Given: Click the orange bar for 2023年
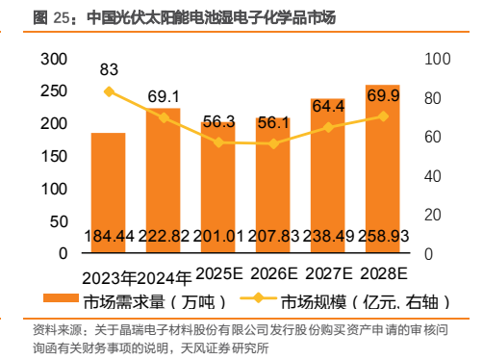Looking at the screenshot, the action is point(109,193).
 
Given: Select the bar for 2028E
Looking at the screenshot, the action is point(383,168).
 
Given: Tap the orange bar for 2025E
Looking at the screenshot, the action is point(218,188).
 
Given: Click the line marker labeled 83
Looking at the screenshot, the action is point(110,91).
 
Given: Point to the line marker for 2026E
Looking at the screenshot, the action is point(273,143).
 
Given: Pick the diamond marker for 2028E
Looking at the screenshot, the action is point(383,116).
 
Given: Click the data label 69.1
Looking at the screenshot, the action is point(164,96).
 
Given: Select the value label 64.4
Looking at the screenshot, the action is point(328,106).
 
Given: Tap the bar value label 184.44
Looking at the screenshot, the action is point(109,236).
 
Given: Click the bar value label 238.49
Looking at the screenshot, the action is point(328,236).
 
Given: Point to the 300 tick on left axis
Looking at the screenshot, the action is point(54,59).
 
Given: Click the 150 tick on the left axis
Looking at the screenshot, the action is point(54,157).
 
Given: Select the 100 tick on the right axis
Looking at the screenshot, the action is point(438,59).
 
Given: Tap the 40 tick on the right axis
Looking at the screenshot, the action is point(433,176).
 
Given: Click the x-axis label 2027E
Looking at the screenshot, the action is point(329,273).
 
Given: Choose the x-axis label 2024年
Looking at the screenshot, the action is point(165,278).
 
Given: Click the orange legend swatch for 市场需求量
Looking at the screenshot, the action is point(61,297).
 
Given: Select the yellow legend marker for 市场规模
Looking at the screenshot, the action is point(258,298).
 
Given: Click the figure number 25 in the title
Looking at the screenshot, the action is point(61,17).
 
